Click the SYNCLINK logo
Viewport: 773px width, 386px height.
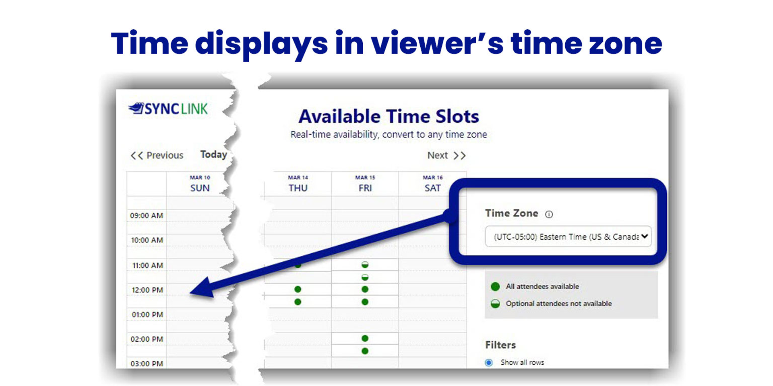coord(168,109)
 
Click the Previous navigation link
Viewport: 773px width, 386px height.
coord(157,155)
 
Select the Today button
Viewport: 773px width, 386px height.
coord(214,154)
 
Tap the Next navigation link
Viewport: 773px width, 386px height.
coord(446,155)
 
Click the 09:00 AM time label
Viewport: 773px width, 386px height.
coord(147,216)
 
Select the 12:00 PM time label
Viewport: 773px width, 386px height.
coord(147,290)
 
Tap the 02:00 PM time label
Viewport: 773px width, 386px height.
coord(147,339)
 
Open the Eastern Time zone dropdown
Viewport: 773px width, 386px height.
coord(568,236)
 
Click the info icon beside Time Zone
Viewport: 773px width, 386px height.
coord(549,214)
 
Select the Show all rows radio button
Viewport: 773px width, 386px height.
coord(489,363)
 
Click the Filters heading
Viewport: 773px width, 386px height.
coord(500,345)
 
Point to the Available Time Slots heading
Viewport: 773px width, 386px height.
coord(389,116)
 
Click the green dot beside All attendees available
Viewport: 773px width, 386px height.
coord(495,286)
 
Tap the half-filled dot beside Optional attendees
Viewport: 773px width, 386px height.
coord(495,304)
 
